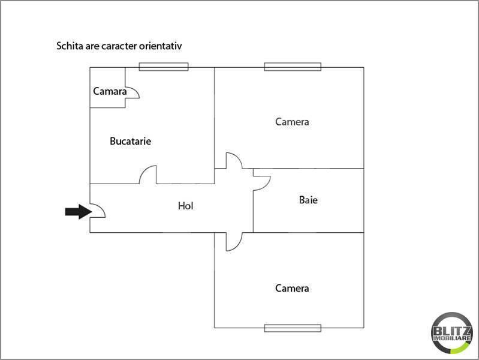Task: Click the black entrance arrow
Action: (x=79, y=212)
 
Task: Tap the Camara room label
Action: (x=110, y=91)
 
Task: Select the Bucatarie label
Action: (x=131, y=141)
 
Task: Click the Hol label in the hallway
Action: (x=185, y=206)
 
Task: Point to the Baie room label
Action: (x=308, y=200)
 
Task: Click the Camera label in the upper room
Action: (x=292, y=122)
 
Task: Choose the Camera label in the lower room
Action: (x=292, y=288)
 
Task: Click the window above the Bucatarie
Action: (x=164, y=67)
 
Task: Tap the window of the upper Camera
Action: (x=293, y=67)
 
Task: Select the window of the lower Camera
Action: (x=293, y=328)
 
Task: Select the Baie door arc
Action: (x=267, y=185)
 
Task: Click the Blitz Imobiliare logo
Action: (x=451, y=334)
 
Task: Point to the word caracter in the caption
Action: (x=119, y=46)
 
